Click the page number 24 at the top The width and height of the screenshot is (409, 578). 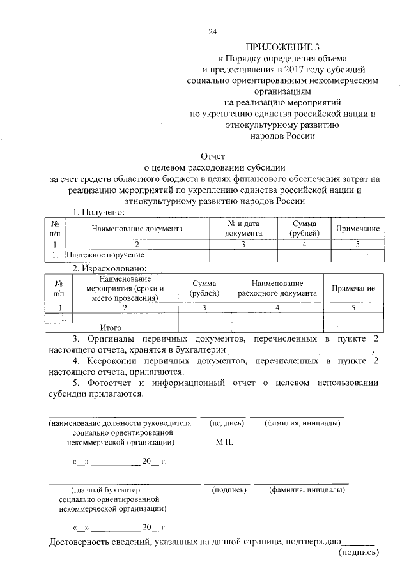[212, 32]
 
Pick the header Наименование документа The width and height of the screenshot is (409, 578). [137, 228]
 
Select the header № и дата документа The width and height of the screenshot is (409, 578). [243, 228]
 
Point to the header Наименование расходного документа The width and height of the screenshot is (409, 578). [277, 289]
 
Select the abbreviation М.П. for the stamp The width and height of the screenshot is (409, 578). [225, 443]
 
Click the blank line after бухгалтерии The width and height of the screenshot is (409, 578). [300, 349]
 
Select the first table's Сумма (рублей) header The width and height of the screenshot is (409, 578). [304, 228]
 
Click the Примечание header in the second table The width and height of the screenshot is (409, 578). [353, 289]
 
